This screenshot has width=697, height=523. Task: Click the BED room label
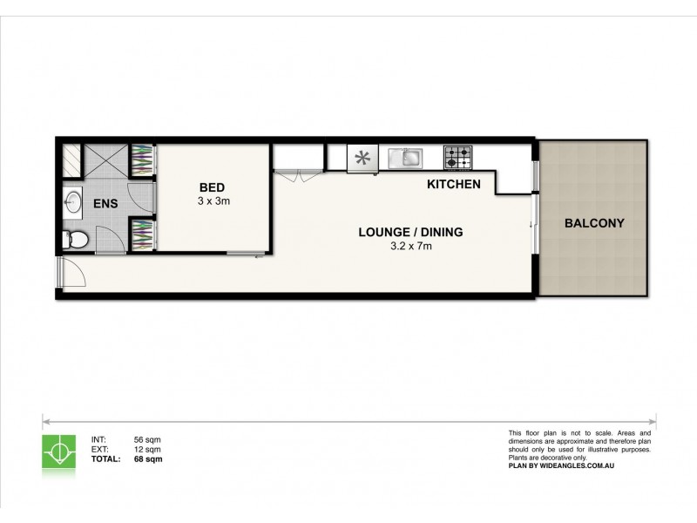pyautogui.click(x=213, y=187)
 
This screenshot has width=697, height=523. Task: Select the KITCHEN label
pyautogui.click(x=454, y=185)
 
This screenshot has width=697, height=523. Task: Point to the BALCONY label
pyautogui.click(x=594, y=223)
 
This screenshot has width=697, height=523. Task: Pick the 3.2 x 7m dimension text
pyautogui.click(x=409, y=247)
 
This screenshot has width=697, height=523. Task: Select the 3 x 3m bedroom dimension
pyautogui.click(x=213, y=201)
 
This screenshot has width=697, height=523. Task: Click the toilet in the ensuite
pyautogui.click(x=75, y=239)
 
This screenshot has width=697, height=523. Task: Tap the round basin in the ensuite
pyautogui.click(x=73, y=203)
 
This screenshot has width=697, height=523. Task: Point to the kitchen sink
pyautogui.click(x=406, y=158)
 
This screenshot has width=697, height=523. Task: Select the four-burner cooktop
pyautogui.click(x=458, y=158)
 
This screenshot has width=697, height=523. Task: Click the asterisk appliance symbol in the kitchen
pyautogui.click(x=361, y=159)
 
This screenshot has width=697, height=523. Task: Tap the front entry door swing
pyautogui.click(x=72, y=275)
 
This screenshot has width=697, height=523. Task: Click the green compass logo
pyautogui.click(x=58, y=450)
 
